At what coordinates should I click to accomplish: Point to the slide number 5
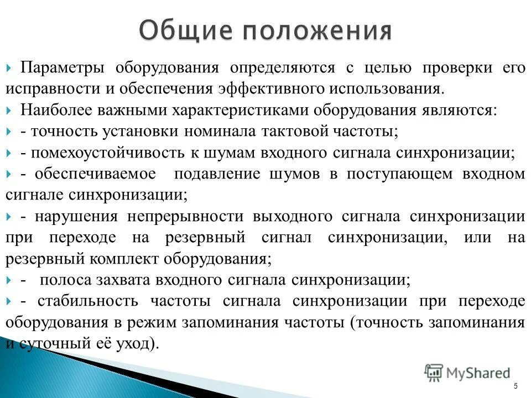click(516, 386)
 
